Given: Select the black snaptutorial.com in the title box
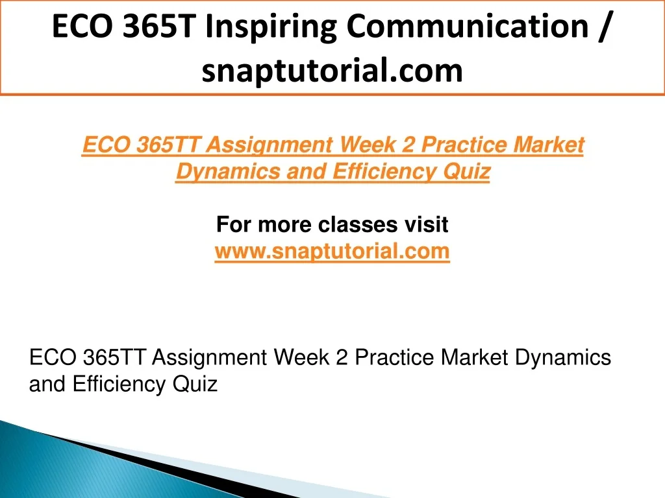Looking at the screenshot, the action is click(332, 71).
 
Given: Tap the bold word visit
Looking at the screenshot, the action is click(426, 224).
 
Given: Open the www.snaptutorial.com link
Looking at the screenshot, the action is click(332, 251).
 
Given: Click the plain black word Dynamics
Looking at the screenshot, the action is click(563, 358).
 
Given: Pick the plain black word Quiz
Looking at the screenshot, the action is click(195, 385).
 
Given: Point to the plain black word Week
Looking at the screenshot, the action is click(301, 357).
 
